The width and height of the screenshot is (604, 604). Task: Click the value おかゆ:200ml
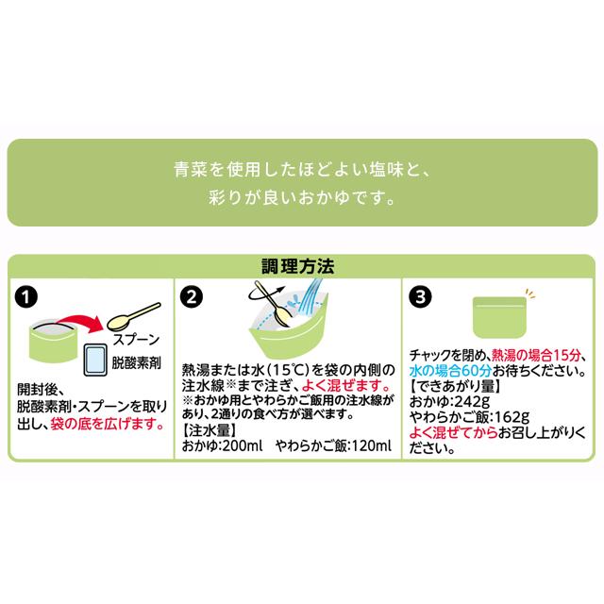217,443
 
